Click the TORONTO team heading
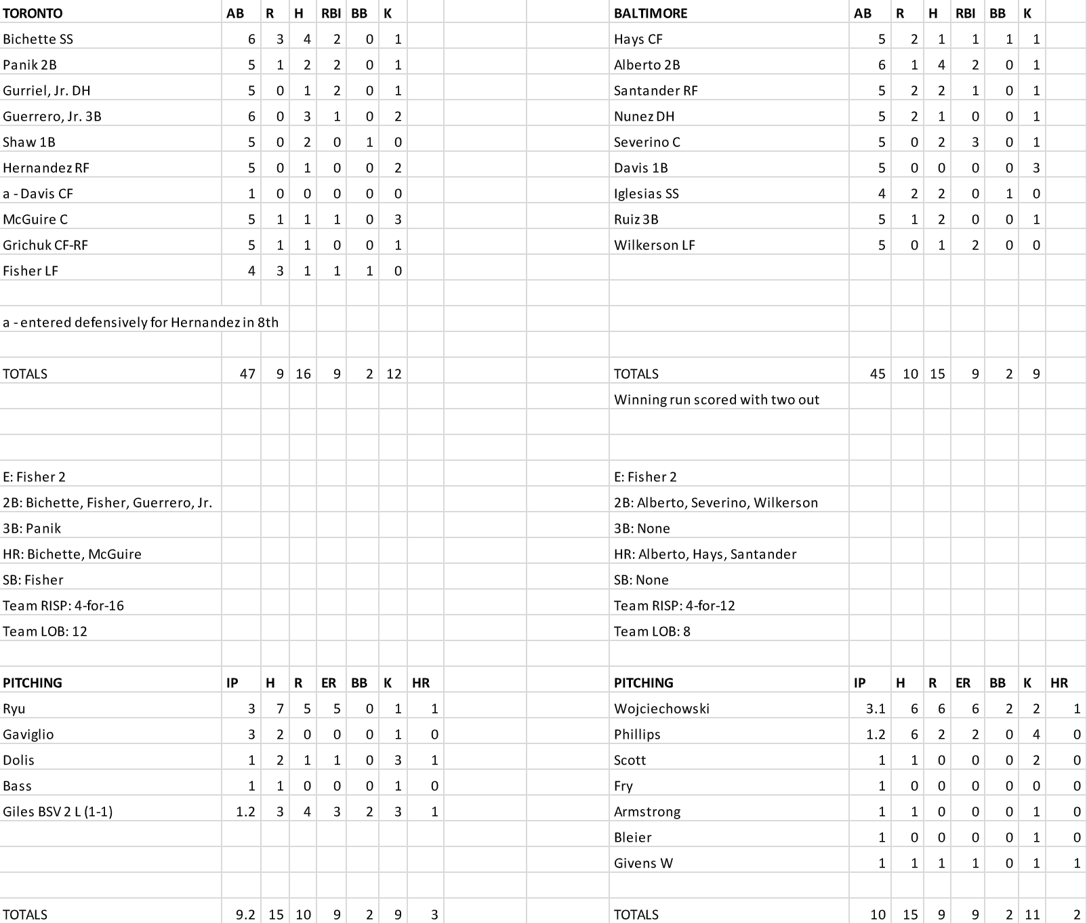(33, 14)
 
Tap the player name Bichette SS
(38, 39)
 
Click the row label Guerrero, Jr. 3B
(52, 117)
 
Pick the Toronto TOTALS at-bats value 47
(247, 374)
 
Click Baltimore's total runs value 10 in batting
(909, 374)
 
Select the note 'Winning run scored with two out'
(716, 400)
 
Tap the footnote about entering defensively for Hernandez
(140, 323)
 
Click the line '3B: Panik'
(32, 529)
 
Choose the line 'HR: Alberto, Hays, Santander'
(705, 554)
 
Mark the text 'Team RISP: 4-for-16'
(63, 606)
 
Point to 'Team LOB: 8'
(652, 632)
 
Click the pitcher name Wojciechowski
(661, 709)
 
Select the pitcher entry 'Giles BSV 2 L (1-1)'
(58, 812)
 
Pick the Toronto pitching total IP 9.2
(245, 915)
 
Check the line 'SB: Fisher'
(33, 580)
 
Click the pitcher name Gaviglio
(28, 735)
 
